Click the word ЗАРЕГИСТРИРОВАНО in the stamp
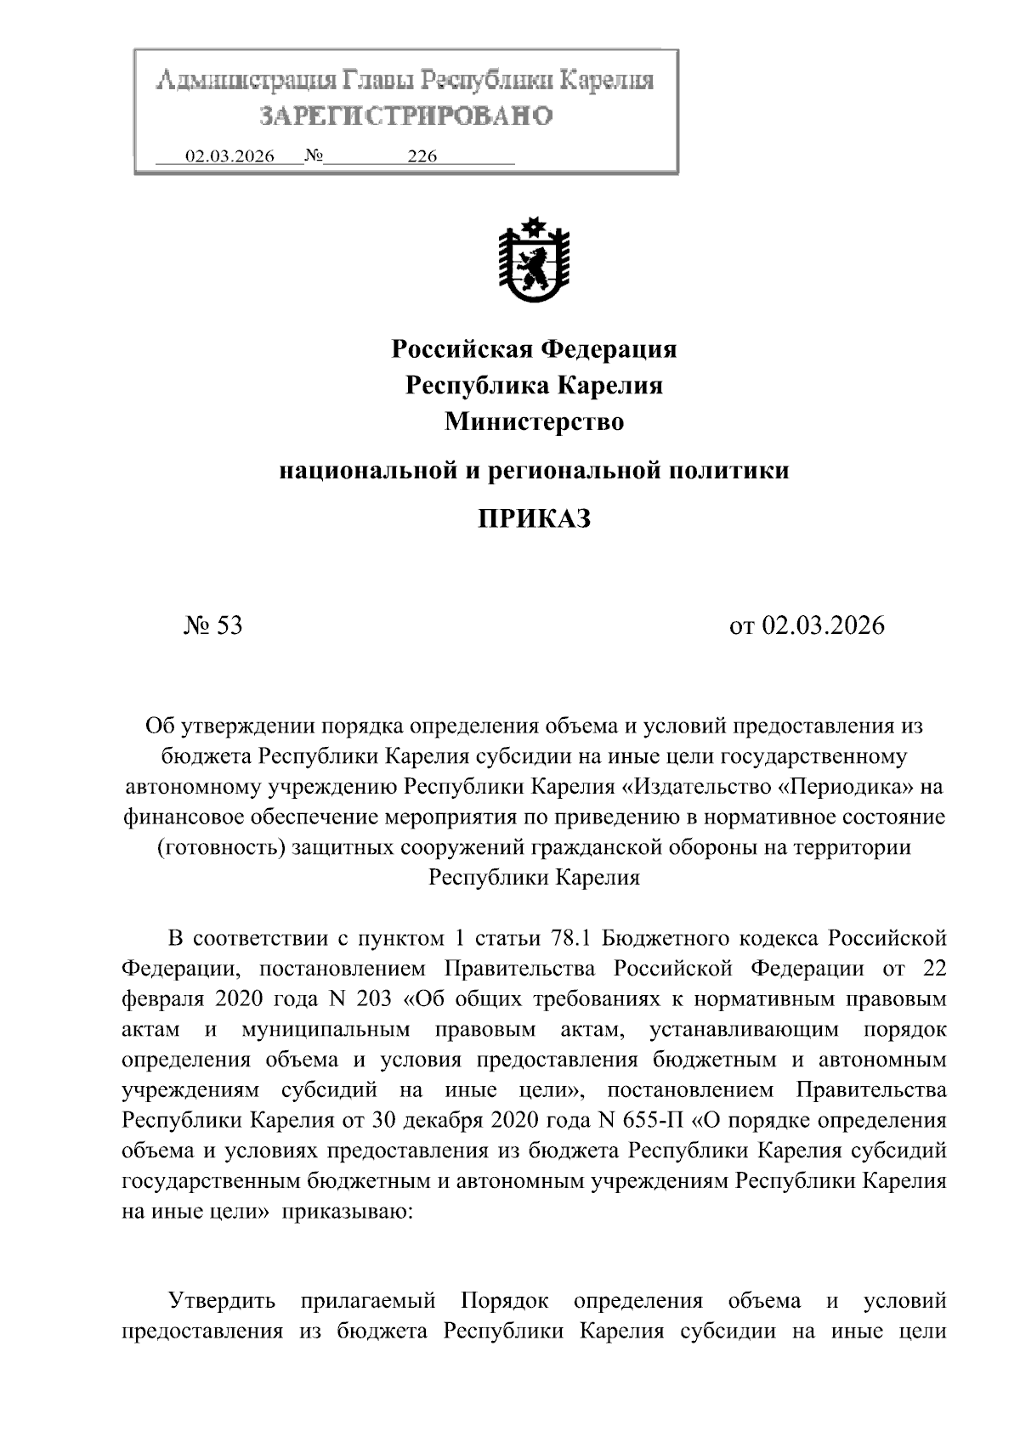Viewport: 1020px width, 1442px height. [x=406, y=116]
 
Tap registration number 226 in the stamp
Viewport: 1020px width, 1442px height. [x=422, y=157]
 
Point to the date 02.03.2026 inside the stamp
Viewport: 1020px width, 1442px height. [x=229, y=157]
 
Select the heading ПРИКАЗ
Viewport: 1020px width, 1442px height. [x=534, y=518]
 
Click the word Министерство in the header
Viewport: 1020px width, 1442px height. [x=534, y=422]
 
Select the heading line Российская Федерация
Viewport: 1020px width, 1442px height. [x=534, y=349]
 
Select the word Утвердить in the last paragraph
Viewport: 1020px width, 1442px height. [x=222, y=1301]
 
